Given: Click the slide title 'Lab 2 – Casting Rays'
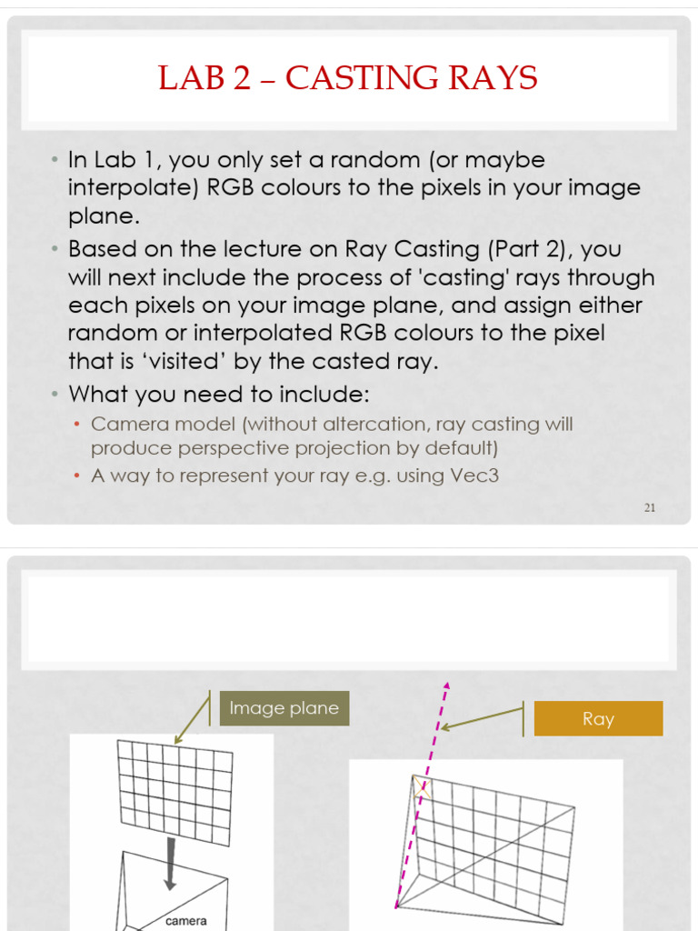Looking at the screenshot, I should coord(348,78).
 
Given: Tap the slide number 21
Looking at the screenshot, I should coord(650,507).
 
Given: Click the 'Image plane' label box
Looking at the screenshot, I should coord(284,708).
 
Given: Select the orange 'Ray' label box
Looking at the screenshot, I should coord(598,719).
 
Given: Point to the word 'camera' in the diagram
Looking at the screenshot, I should coord(186,921).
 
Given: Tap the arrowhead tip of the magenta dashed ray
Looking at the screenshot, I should coord(446,686).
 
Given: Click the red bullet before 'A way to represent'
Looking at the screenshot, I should coord(78,476).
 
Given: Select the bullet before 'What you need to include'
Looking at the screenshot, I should coord(55,395).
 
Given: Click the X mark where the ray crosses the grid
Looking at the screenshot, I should coord(421,788).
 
